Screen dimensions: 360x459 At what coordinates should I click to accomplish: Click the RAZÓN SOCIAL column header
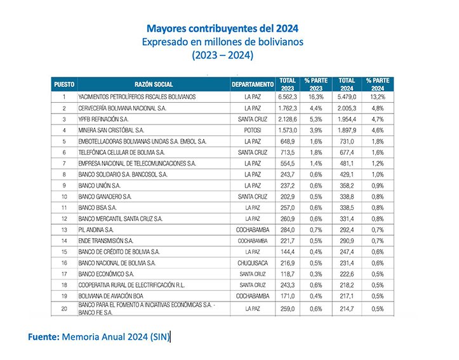click(154, 84)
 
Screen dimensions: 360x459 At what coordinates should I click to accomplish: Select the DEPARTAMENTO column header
click(253, 84)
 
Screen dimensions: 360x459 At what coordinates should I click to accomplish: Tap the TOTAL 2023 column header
click(288, 84)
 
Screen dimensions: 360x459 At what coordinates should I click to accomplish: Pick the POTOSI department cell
click(253, 130)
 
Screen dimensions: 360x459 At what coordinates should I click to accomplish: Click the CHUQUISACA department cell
click(253, 262)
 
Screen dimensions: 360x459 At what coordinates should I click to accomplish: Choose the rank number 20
click(64, 309)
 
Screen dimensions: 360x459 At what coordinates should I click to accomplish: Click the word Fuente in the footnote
click(43, 337)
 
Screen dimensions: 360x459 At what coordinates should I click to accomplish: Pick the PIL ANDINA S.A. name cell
click(96, 229)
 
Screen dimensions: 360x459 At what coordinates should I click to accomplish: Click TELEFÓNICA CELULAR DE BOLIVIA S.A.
click(122, 152)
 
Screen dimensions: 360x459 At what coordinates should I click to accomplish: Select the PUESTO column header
click(64, 84)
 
